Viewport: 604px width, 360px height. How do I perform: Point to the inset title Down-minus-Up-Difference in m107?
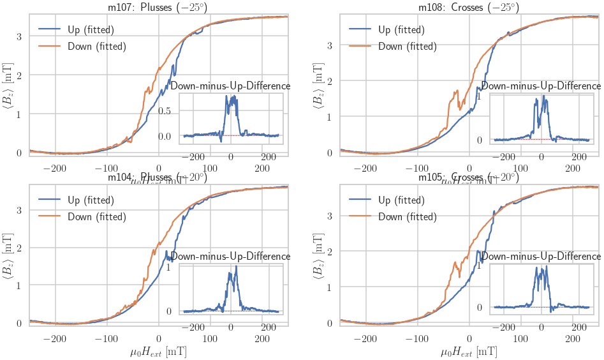[x=231, y=86]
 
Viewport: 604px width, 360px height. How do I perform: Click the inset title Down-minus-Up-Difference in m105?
[x=541, y=256]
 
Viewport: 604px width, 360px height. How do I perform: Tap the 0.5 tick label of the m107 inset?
[x=165, y=111]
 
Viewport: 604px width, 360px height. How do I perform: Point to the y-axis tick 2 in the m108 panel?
[x=330, y=81]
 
